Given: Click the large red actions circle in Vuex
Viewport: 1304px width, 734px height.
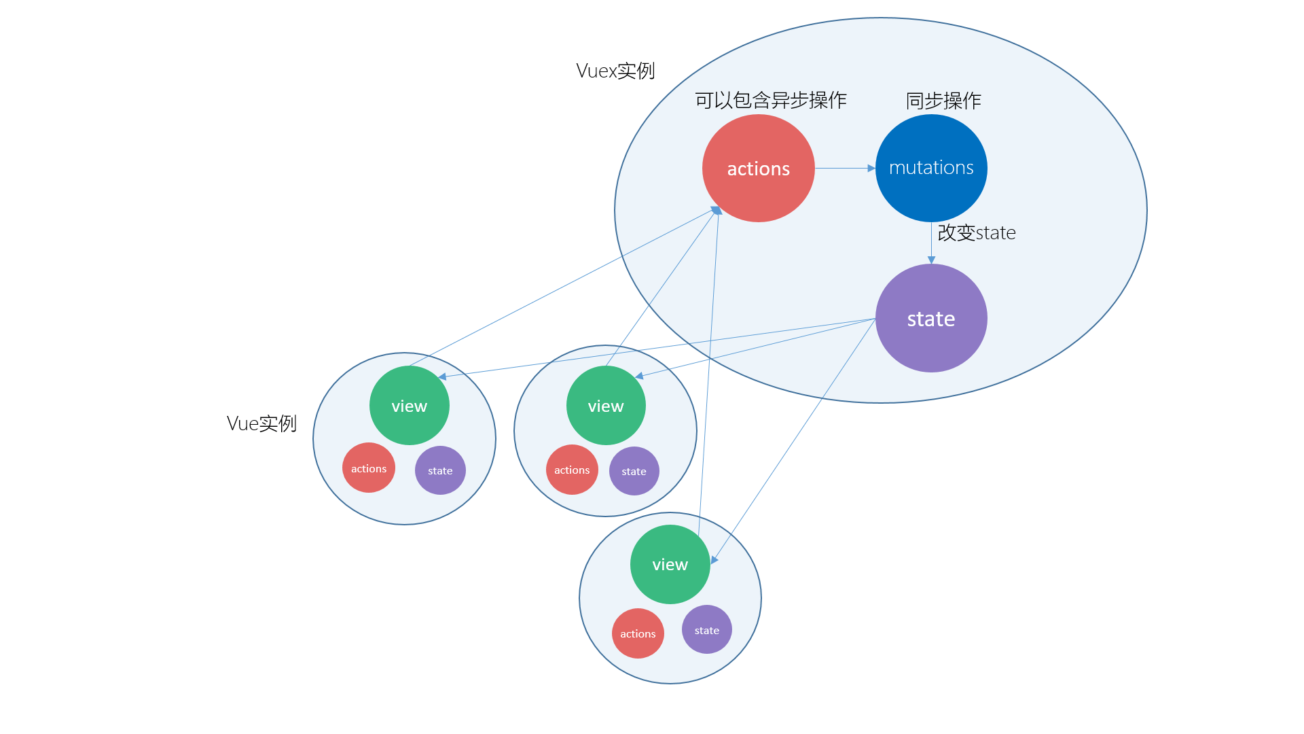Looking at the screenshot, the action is [758, 168].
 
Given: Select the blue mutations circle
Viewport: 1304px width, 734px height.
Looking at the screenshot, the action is [931, 168].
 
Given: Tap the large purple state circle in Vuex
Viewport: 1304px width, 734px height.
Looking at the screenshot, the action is [931, 318].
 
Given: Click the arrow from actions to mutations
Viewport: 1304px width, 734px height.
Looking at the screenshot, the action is [845, 168].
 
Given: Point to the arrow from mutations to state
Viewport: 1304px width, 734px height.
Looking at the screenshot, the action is [931, 243].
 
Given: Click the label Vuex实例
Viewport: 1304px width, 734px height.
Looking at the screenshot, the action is [615, 71].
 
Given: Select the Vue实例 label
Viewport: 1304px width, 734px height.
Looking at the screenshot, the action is [261, 423].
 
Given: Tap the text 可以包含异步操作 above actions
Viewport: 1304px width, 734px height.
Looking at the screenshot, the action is [771, 101].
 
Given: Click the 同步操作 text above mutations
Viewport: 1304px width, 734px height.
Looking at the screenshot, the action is [943, 101].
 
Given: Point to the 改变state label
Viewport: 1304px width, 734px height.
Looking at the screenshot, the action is [977, 232].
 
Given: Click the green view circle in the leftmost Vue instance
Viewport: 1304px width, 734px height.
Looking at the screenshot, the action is [410, 405].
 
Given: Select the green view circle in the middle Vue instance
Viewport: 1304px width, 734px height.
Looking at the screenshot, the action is [606, 405].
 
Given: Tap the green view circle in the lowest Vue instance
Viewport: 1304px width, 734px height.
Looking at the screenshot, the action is [670, 564].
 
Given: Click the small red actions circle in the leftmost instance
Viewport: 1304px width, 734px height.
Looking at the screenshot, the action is [369, 468].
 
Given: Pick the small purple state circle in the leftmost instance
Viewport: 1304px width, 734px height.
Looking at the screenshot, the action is [440, 470].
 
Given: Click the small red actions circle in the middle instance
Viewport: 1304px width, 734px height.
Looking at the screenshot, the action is [572, 470].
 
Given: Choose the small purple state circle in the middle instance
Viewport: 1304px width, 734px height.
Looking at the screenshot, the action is [634, 471].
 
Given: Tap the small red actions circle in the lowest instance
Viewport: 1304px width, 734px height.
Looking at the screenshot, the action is [638, 633].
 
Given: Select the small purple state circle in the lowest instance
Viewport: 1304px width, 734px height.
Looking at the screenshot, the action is [707, 629].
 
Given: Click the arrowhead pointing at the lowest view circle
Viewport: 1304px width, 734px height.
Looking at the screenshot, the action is [714, 559].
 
